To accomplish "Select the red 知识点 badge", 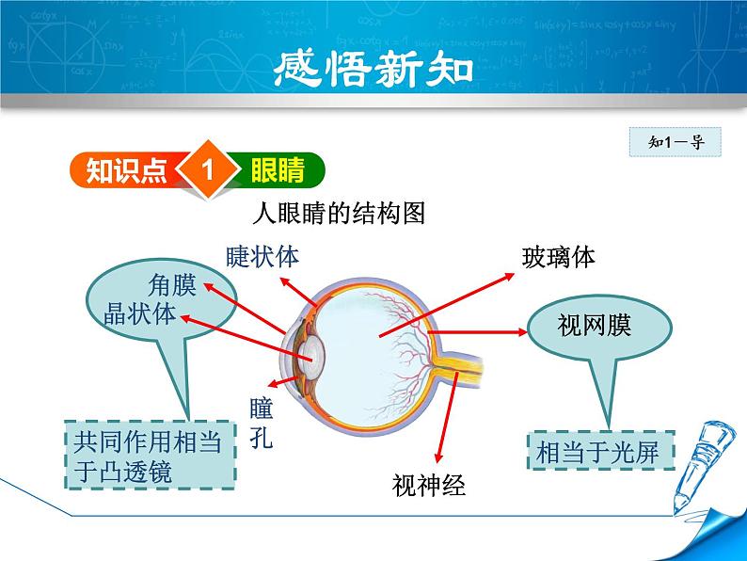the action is pyautogui.click(x=126, y=171).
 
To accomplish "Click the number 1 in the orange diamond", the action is pyautogui.click(x=209, y=171).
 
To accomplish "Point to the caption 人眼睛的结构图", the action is pyautogui.click(x=341, y=214).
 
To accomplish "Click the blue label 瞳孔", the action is pyautogui.click(x=262, y=423).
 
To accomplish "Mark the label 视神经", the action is pyautogui.click(x=429, y=485).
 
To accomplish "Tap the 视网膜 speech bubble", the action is pyautogui.click(x=594, y=328).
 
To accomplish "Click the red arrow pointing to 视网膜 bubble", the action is pyautogui.click(x=476, y=331).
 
